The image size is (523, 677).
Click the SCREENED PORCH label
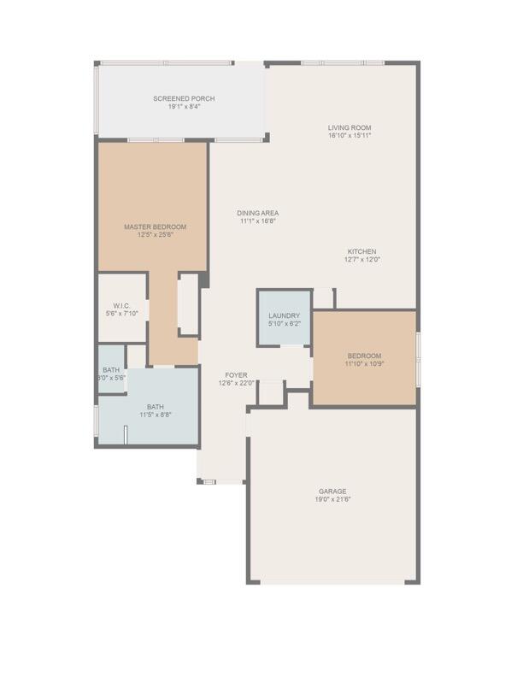click(x=184, y=99)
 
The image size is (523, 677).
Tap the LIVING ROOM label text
click(x=350, y=128)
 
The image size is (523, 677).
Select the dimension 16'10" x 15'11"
click(x=350, y=136)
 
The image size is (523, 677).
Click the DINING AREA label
click(x=258, y=213)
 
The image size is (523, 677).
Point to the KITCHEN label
click(x=361, y=251)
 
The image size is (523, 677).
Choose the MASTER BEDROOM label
click(x=155, y=227)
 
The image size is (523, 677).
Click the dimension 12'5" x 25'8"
click(x=155, y=235)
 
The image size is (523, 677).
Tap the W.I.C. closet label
click(x=121, y=306)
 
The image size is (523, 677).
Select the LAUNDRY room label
click(x=284, y=315)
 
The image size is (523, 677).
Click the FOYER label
click(x=237, y=375)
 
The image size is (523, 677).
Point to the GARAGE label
click(x=332, y=492)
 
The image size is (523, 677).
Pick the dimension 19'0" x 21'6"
click(x=332, y=499)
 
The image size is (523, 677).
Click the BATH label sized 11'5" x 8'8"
click(x=155, y=407)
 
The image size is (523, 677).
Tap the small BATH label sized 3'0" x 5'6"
click(x=111, y=369)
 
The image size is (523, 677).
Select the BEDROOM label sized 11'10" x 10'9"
click(x=364, y=356)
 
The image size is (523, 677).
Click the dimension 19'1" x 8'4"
click(x=184, y=107)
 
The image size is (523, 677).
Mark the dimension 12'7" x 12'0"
click(x=361, y=259)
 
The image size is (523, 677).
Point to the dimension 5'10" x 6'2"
click(x=284, y=323)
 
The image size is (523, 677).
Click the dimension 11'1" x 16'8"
click(x=258, y=221)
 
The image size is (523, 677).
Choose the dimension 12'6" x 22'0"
click(x=237, y=383)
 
